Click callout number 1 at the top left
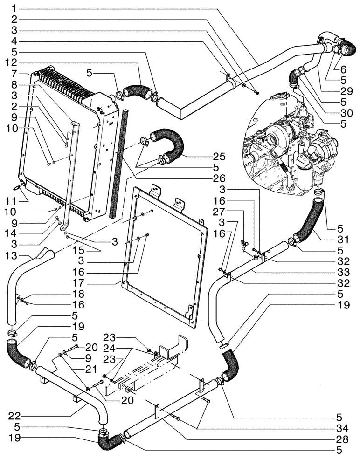point(14,8)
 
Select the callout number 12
point(14,62)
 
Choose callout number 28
point(342,439)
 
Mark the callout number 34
point(342,427)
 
